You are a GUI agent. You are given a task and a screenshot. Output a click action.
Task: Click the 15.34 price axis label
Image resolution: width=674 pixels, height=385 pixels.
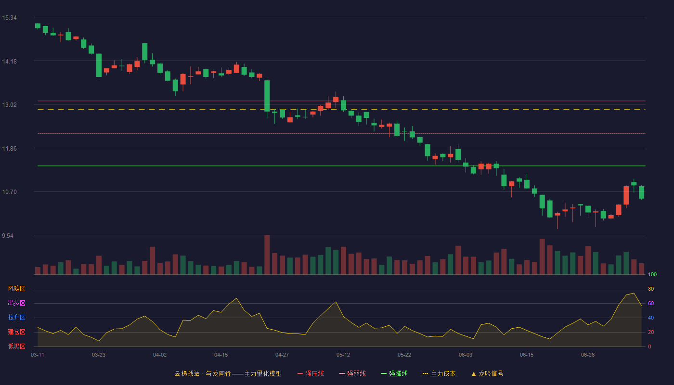coord(9,18)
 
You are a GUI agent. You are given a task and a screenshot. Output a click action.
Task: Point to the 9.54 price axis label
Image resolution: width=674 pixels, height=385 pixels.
coord(8,235)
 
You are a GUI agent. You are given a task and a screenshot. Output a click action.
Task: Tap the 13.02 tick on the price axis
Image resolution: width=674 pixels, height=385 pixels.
coord(9,105)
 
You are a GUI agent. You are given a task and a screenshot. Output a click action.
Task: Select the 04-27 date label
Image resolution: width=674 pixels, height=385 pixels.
coord(282,355)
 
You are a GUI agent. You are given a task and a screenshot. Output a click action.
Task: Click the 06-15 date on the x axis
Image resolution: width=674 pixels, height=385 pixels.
coord(527,355)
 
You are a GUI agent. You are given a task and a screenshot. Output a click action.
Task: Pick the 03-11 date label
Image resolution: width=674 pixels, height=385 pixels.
coord(38,355)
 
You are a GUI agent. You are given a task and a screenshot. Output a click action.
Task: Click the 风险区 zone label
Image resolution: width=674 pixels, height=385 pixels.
coord(16,288)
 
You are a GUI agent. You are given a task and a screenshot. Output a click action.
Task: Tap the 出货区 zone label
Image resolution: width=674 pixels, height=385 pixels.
coord(16,303)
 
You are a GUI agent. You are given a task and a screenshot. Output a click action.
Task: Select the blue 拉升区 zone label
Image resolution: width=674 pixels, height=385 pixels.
coord(16,317)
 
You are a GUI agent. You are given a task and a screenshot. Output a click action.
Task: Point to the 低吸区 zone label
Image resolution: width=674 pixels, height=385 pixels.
coord(16,346)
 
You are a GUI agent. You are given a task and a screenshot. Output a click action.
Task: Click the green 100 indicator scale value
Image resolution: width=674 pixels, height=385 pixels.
coord(652,274)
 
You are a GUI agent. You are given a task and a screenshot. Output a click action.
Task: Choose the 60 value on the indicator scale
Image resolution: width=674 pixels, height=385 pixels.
coord(651,303)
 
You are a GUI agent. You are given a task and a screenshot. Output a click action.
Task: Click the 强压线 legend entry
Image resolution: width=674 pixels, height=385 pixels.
coord(311,373)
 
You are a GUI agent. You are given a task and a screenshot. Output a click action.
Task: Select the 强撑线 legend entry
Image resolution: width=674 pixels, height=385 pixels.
coord(394,373)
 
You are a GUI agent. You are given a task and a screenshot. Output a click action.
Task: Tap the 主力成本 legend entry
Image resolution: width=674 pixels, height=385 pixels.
coord(439,373)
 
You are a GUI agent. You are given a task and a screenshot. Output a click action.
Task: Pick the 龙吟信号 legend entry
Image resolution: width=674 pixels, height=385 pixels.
coord(487,373)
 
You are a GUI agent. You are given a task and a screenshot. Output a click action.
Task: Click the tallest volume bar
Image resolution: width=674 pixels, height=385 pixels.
coord(267,255)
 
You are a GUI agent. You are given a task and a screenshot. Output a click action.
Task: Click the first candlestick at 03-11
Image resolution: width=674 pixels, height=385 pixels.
coord(38,26)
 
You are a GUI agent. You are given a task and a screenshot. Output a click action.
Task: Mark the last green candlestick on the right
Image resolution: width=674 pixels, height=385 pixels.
coord(641,192)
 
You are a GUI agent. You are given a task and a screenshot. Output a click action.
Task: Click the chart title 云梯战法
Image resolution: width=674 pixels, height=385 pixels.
coord(187,373)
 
